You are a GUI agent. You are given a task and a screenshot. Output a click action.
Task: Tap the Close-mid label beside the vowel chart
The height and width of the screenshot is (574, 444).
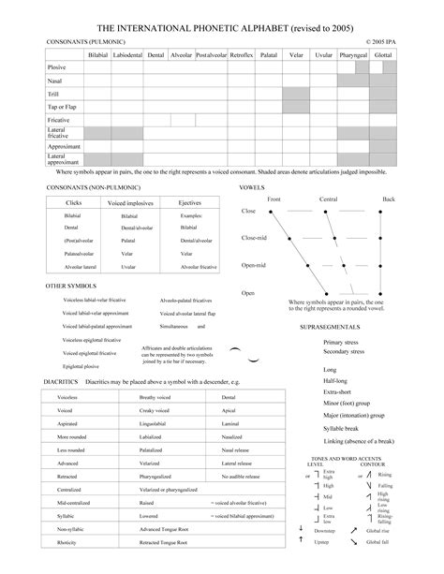pyautogui.click(x=254, y=238)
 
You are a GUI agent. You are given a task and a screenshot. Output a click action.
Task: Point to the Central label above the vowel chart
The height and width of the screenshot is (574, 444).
pyautogui.click(x=328, y=199)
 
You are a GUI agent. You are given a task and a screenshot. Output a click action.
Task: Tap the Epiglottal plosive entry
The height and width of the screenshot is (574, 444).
pyautogui.click(x=82, y=366)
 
